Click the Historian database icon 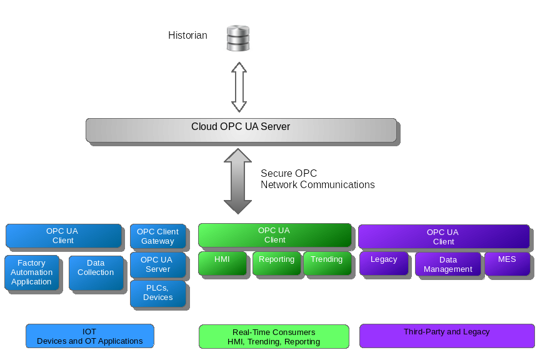(237, 38)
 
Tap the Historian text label (187, 36)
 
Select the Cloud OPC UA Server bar (241, 129)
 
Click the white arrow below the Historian (239, 86)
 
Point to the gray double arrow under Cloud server (237, 181)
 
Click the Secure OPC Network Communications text (317, 179)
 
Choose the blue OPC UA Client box (63, 236)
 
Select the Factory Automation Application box (31, 272)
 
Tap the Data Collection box (96, 272)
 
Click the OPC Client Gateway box (157, 236)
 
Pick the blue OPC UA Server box (157, 264)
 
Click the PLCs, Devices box (157, 292)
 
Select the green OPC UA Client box (275, 235)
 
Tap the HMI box (222, 263)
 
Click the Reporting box (276, 263)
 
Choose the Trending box (326, 263)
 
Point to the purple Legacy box (384, 263)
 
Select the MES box (507, 263)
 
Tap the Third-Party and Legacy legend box (447, 336)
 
